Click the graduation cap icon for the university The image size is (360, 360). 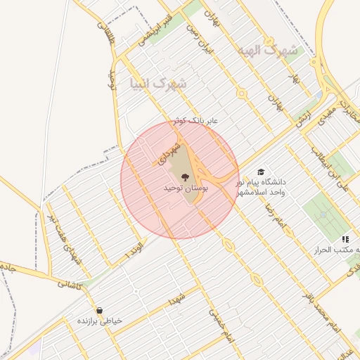coord(262,172)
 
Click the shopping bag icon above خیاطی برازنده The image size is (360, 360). coord(99,310)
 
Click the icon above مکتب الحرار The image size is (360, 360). coord(345,239)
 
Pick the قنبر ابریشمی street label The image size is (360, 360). coord(155,31)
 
